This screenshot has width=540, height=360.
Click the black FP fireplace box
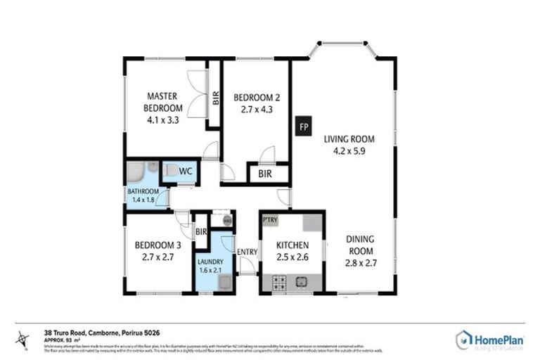[x=303, y=127]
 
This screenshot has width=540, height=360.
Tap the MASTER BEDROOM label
[x=162, y=102]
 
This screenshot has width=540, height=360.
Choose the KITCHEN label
[x=292, y=245]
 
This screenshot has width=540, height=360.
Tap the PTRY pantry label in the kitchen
[x=270, y=220]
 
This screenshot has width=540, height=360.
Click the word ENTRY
[x=247, y=252]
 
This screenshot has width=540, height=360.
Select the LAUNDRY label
[x=210, y=262]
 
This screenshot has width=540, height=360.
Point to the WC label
[x=186, y=171]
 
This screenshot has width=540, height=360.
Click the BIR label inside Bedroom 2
[x=265, y=173]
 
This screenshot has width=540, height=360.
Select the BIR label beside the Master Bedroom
[x=215, y=98]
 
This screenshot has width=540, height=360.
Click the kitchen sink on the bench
[x=301, y=283]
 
